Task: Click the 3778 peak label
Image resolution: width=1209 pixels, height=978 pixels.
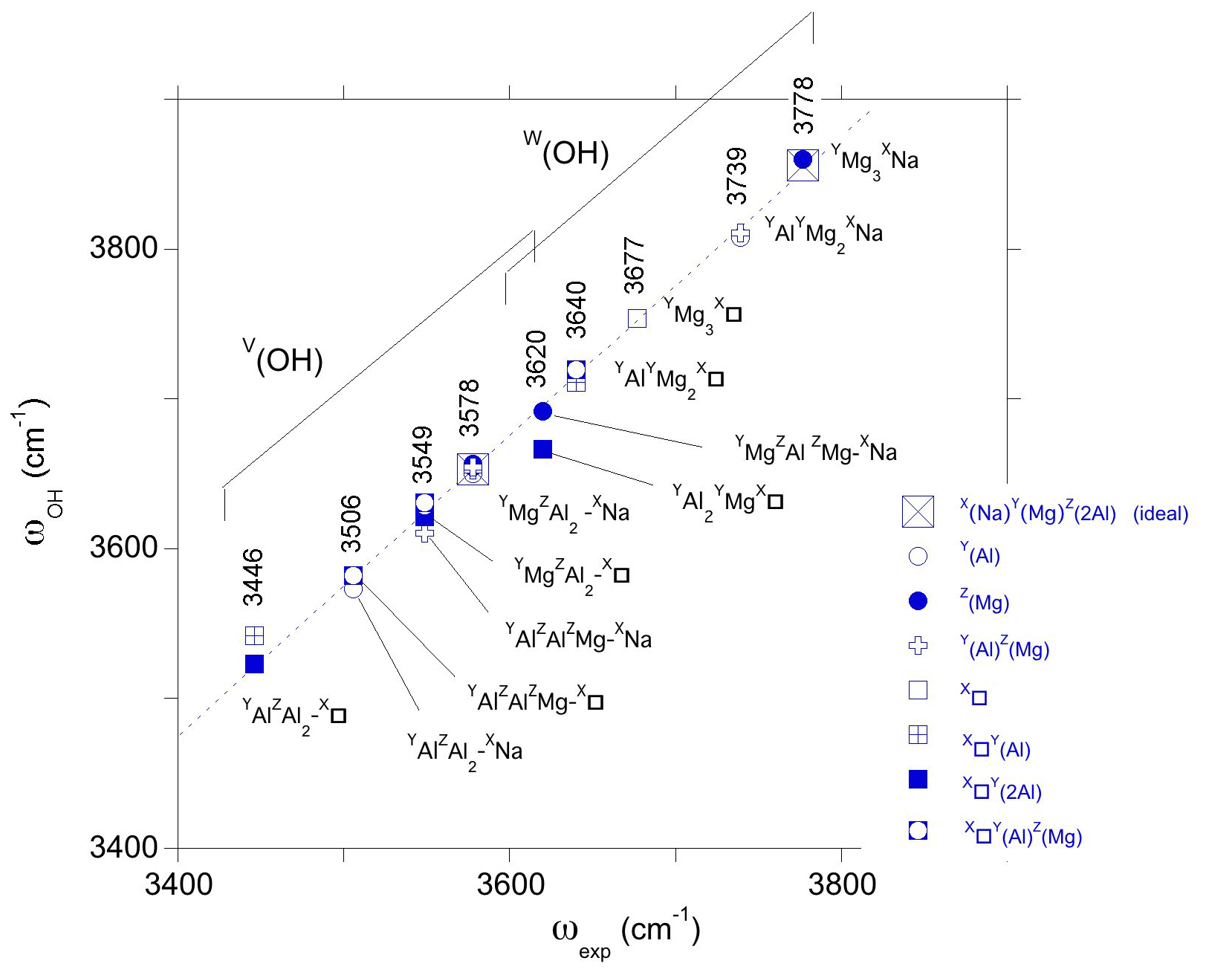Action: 804,106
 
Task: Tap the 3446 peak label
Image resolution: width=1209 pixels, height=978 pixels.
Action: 253,577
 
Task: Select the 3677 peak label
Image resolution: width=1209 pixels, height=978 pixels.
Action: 634,266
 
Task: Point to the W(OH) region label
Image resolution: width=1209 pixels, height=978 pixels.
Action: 566,150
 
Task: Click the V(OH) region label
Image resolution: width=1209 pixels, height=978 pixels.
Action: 283,357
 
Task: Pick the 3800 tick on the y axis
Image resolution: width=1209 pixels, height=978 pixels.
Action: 124,247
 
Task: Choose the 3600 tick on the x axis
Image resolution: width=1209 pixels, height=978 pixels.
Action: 509,885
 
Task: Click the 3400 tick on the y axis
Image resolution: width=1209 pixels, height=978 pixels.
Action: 124,847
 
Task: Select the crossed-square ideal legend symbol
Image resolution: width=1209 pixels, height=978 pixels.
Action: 918,512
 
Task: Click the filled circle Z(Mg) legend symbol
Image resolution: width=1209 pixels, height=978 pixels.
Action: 918,600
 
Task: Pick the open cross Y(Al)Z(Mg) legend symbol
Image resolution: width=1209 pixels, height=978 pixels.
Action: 918,646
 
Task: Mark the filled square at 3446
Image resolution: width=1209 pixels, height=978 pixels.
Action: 254,664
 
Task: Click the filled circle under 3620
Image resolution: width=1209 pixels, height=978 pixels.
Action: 542,411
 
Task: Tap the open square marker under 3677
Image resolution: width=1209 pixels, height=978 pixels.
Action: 637,318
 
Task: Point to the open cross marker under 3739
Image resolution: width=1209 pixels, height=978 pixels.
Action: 739,235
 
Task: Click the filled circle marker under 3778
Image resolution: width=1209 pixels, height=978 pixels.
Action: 803,160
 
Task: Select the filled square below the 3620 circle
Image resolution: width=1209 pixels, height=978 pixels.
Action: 542,449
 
